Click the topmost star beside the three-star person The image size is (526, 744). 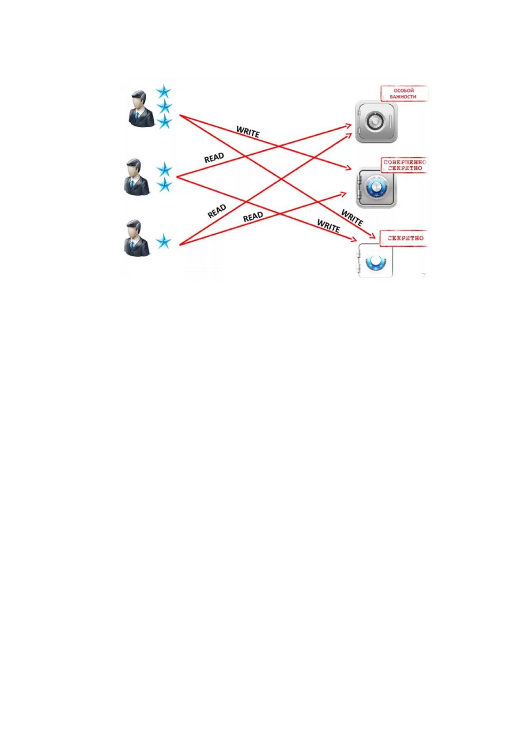click(x=163, y=91)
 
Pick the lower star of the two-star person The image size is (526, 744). click(x=164, y=185)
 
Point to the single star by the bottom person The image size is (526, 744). click(x=163, y=241)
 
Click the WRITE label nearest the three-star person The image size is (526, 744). click(x=248, y=132)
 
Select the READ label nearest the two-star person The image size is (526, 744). click(x=214, y=158)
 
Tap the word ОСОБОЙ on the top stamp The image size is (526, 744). click(x=404, y=90)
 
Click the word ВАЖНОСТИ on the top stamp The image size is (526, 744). click(x=403, y=97)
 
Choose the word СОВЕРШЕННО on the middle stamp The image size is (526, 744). click(x=405, y=162)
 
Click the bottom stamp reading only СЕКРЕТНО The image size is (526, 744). click(x=405, y=238)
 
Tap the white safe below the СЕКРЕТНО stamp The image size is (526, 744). click(x=375, y=260)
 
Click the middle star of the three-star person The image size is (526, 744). click(x=164, y=107)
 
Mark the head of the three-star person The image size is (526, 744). click(x=139, y=99)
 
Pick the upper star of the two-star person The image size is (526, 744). click(x=164, y=169)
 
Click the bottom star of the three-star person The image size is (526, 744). click(x=164, y=122)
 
